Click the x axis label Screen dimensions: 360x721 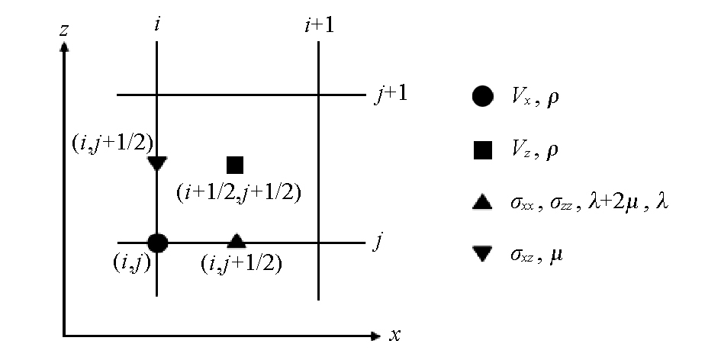[395, 334]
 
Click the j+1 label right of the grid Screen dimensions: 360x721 [391, 96]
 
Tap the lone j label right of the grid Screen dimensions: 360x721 [378, 243]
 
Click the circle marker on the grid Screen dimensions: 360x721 [157, 243]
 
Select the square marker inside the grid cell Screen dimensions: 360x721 [235, 165]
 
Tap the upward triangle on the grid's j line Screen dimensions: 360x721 [237, 241]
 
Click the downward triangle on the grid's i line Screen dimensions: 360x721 [156, 163]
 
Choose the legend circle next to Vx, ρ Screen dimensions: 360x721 [482, 98]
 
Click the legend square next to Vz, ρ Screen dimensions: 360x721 [482, 150]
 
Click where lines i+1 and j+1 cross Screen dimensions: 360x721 [318, 95]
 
